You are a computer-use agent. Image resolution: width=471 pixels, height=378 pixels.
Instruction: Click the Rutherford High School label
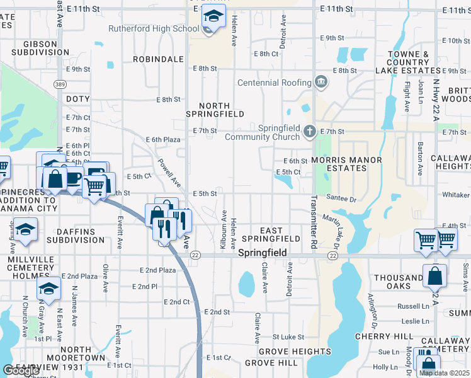(154, 28)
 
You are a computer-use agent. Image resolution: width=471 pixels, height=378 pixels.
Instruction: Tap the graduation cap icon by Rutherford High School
(213, 17)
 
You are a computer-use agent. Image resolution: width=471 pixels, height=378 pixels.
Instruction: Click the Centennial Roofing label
(274, 83)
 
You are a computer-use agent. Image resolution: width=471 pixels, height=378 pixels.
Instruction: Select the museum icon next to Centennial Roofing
(321, 81)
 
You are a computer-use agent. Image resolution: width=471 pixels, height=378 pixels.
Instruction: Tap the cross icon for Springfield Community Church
(309, 132)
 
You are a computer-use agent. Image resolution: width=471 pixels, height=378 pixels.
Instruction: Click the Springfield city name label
(263, 253)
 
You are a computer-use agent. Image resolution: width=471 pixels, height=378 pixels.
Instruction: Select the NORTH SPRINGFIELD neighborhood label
(215, 110)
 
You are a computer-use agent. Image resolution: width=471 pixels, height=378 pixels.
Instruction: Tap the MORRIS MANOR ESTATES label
(346, 164)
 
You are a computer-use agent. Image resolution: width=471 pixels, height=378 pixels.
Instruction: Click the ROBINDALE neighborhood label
(158, 59)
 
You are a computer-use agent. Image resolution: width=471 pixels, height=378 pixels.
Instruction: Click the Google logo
(21, 370)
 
